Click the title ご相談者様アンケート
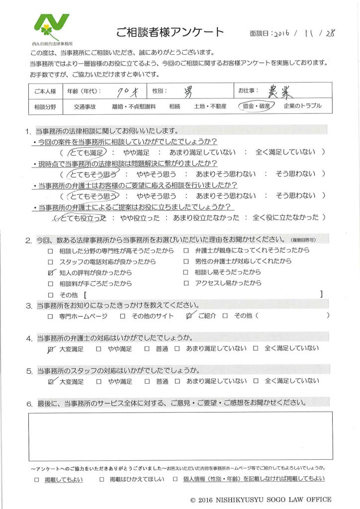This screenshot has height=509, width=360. tap(170, 33)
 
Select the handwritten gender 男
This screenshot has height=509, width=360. tap(189, 91)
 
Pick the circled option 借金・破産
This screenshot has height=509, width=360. tap(254, 106)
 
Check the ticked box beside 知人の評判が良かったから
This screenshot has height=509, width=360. tap(50, 272)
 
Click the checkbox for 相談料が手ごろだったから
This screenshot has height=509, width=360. tap(50, 284)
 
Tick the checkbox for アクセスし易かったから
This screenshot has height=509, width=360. tap(186, 284)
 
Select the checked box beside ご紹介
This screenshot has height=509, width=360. tap(188, 316)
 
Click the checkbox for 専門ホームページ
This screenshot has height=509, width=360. tap(50, 316)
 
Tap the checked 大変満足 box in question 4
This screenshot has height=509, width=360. tap(50, 349)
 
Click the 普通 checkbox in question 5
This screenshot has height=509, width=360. tap(147, 382)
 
